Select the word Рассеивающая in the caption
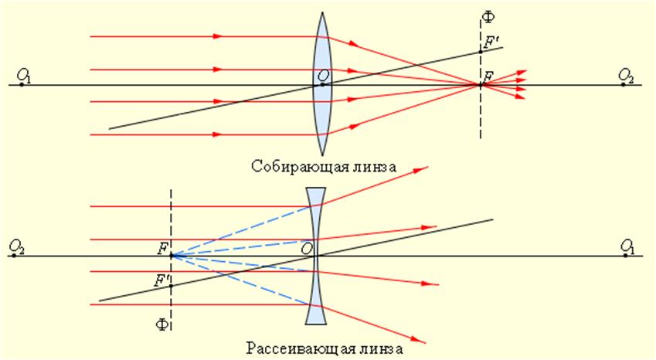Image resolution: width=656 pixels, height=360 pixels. (x=287, y=349)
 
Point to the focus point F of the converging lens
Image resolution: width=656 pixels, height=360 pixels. (x=481, y=84)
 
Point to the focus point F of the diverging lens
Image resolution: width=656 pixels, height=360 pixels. (x=171, y=256)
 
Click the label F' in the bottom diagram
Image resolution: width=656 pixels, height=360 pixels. (x=162, y=280)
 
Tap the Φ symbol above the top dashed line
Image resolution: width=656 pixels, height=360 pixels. (x=486, y=16)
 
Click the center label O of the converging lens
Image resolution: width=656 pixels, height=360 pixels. (x=321, y=75)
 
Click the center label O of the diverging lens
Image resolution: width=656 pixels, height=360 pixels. (x=308, y=248)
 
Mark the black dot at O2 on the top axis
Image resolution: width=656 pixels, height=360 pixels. (x=623, y=84)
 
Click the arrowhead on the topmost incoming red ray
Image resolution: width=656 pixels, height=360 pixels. (x=218, y=36)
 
